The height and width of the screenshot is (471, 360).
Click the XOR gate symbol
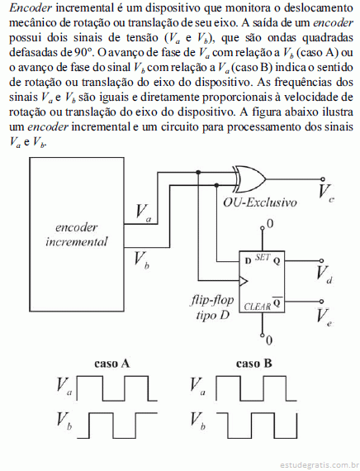[x=251, y=179]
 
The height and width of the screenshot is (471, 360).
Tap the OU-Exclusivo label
[x=260, y=202]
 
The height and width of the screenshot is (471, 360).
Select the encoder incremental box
[x=77, y=235]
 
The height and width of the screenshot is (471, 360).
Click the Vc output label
[x=326, y=192]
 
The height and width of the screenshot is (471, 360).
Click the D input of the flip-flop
[x=248, y=261]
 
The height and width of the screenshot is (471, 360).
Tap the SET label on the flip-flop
[x=263, y=257]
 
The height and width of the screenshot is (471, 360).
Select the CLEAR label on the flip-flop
[x=258, y=307]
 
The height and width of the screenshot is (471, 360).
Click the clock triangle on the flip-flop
[x=244, y=282]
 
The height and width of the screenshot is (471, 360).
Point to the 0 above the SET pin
[x=270, y=224]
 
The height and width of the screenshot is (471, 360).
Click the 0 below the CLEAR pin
[x=269, y=340]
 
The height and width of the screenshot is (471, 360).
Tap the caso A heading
[x=111, y=364]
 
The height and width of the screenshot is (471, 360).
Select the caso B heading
[x=254, y=364]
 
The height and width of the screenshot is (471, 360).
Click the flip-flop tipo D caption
[x=212, y=307]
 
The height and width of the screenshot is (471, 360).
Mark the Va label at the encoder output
[x=143, y=212]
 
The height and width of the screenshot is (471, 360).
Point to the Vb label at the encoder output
[x=141, y=259]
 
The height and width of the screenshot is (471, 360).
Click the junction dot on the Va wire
[x=198, y=172]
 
